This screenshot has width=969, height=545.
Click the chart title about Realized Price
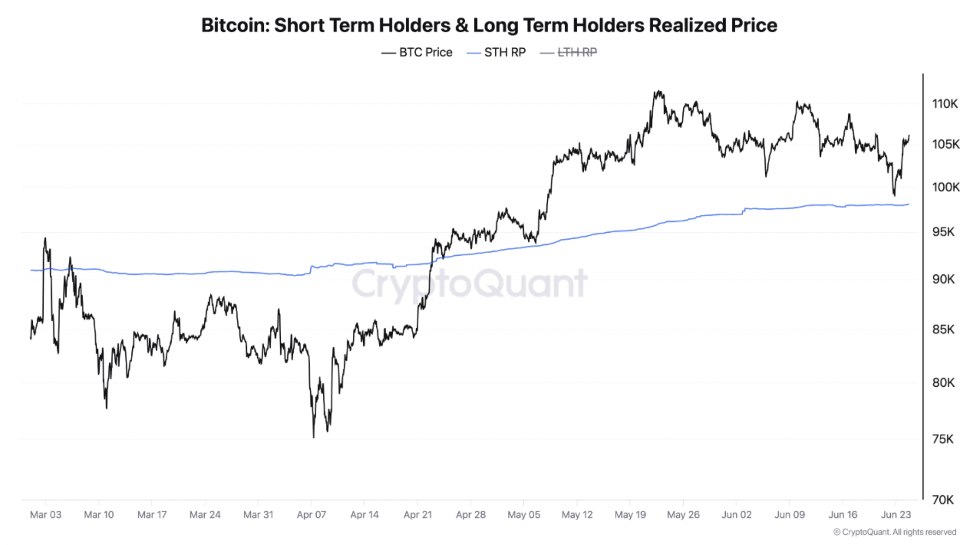[x=489, y=25]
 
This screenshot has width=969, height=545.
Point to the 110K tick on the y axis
[x=945, y=103]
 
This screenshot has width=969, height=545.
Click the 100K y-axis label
[x=945, y=187]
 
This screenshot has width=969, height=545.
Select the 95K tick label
[x=943, y=232]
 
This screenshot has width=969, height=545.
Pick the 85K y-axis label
[x=943, y=330]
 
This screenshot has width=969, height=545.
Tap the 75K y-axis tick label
[x=943, y=439]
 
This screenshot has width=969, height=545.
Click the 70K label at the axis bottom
[x=943, y=500]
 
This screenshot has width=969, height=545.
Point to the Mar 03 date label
[x=45, y=515]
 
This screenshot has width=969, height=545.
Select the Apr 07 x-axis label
[x=311, y=515]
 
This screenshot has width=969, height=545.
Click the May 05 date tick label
[x=523, y=515]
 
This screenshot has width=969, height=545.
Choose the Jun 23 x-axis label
[x=895, y=515]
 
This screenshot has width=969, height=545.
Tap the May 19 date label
[x=630, y=515]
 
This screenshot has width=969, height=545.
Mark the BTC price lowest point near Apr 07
[x=313, y=437]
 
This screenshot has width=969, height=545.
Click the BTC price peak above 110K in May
[x=659, y=91]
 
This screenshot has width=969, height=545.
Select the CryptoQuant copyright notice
[x=894, y=532]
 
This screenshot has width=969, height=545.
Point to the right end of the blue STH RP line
[x=908, y=204]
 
